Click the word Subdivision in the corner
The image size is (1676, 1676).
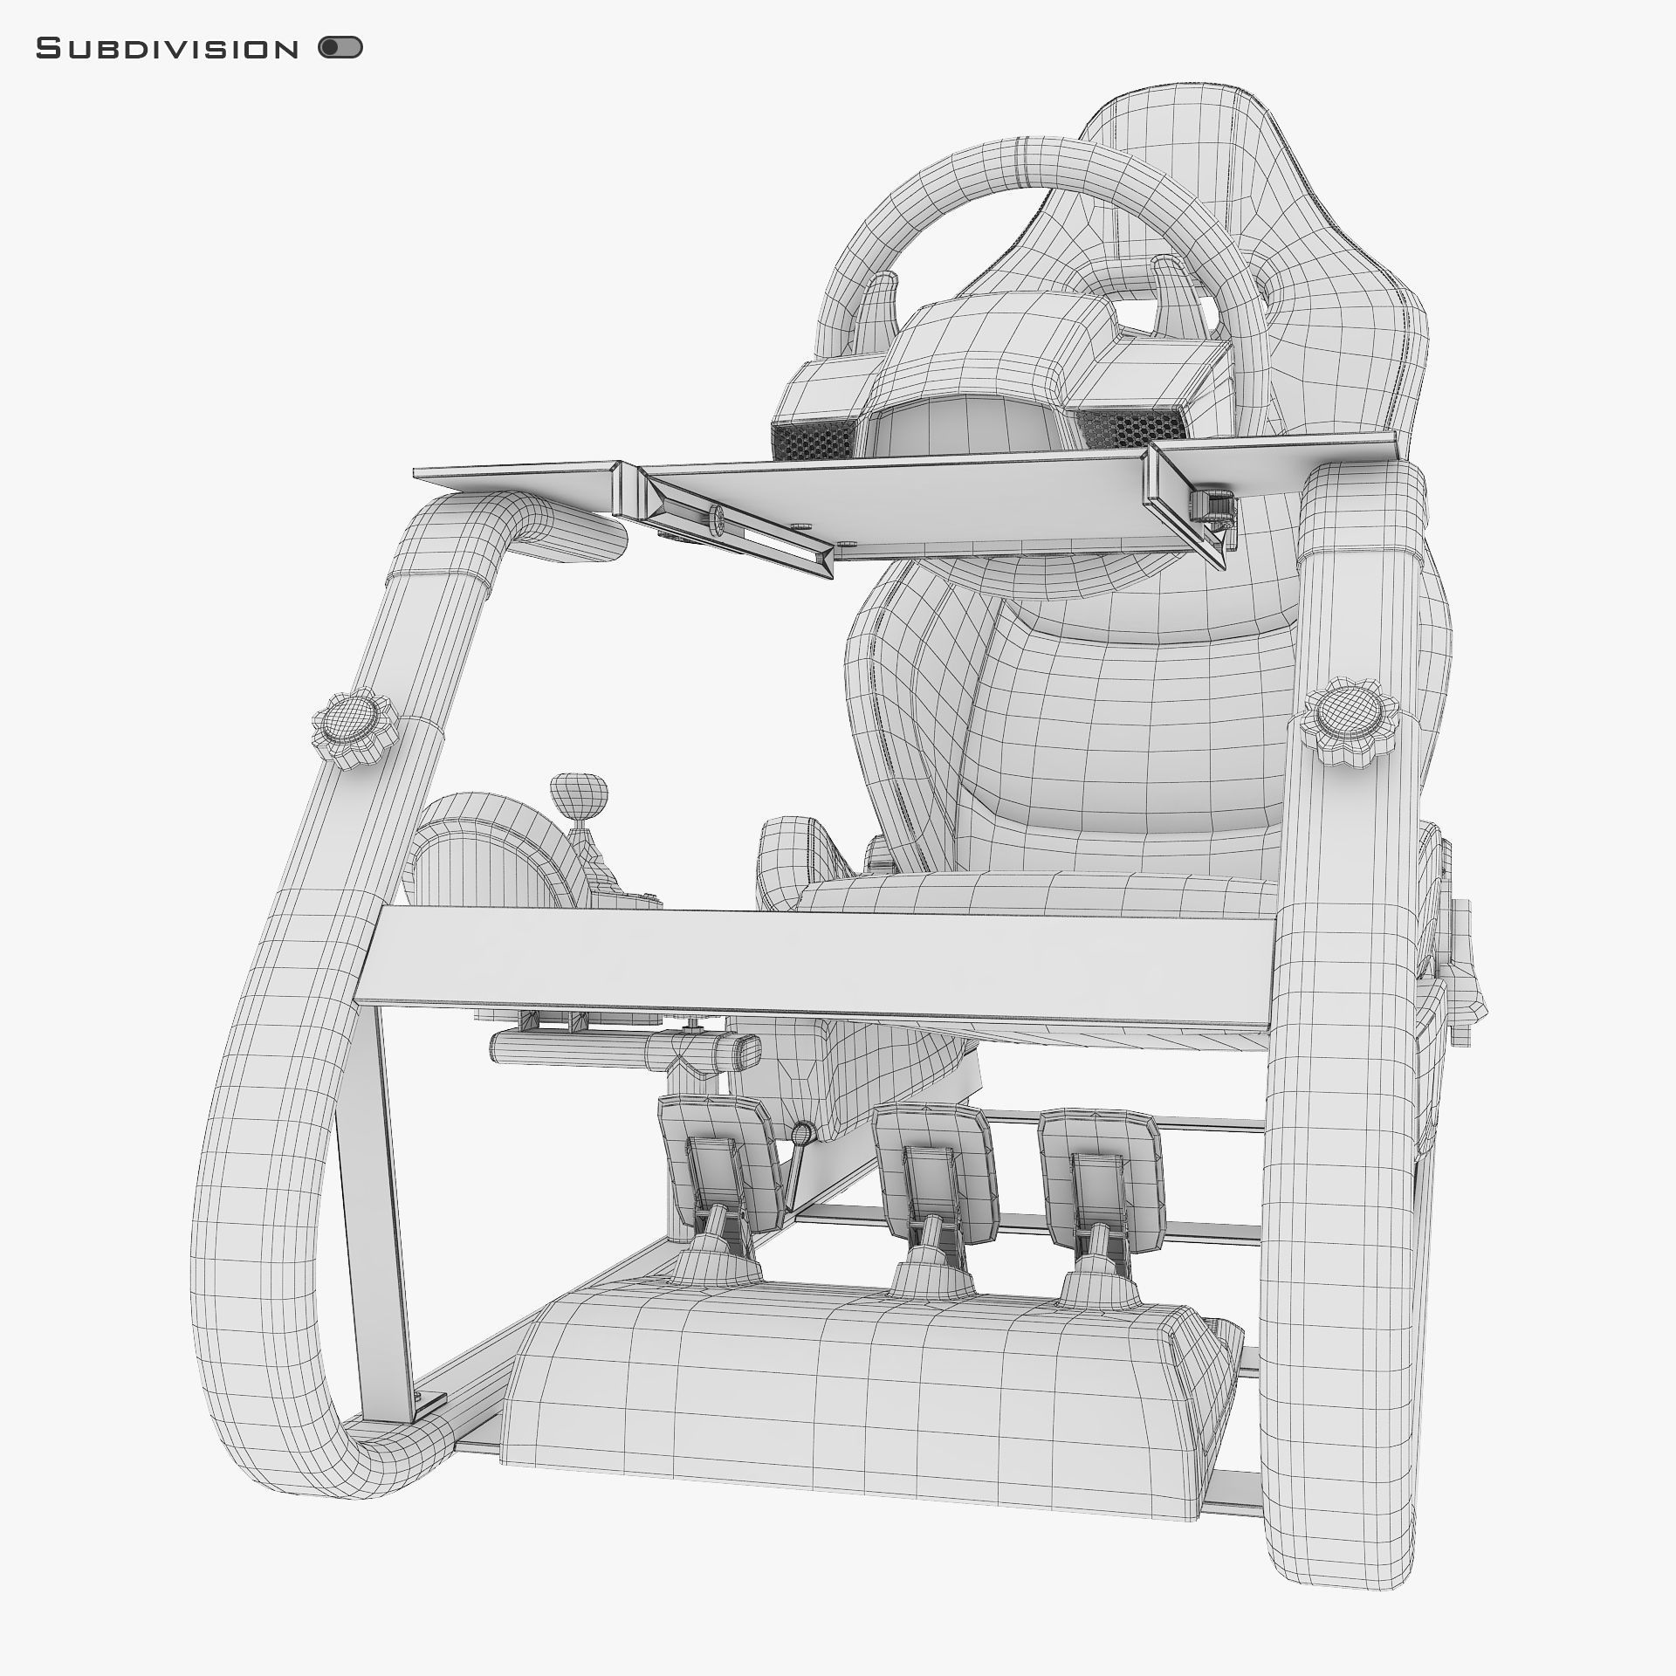coord(167,49)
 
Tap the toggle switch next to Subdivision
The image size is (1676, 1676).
coord(340,48)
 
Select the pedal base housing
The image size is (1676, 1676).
coord(864,1379)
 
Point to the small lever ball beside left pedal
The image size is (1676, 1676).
coord(802,1133)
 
